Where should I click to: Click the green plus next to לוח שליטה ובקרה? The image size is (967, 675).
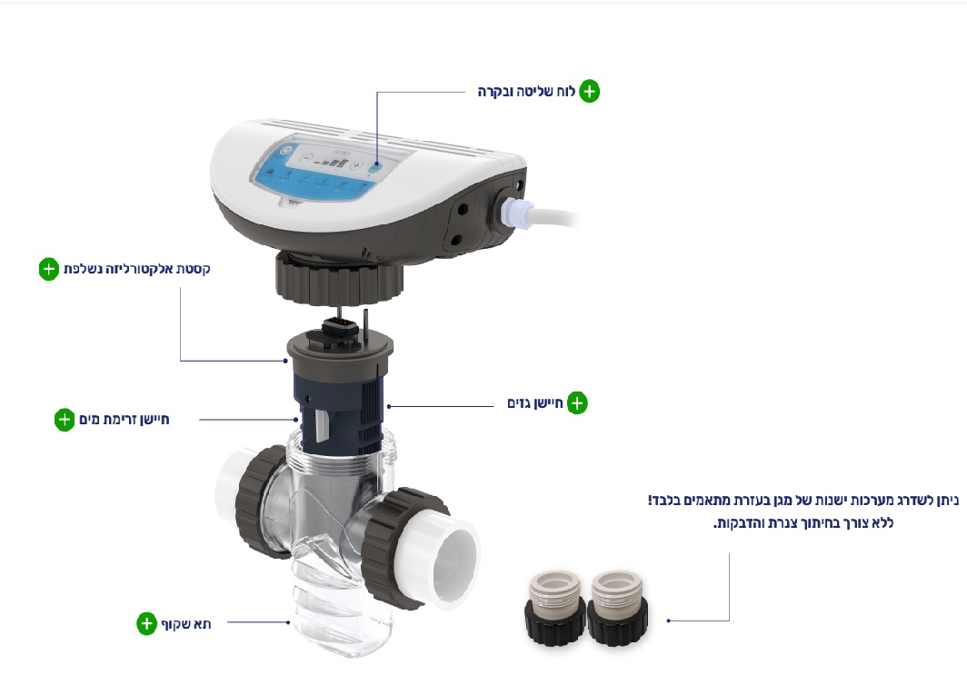click(x=590, y=91)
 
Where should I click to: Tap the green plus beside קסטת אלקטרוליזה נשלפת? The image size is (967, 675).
click(x=49, y=269)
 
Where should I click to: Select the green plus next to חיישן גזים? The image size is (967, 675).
click(x=577, y=403)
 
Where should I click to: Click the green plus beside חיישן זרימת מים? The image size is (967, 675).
click(x=65, y=420)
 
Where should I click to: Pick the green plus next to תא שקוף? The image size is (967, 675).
click(x=146, y=623)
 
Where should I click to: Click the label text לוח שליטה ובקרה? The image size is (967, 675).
click(x=526, y=92)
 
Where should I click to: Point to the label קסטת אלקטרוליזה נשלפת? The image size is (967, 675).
click(x=137, y=270)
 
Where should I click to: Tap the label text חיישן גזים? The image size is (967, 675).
click(x=534, y=403)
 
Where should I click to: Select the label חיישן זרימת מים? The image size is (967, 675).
click(x=124, y=420)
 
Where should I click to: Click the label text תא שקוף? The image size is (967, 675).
click(x=186, y=624)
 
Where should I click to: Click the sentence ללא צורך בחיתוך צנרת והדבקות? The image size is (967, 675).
click(x=803, y=523)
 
